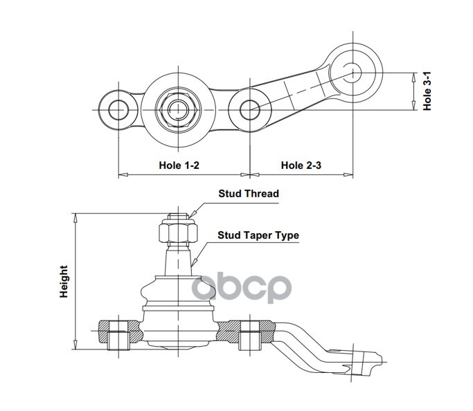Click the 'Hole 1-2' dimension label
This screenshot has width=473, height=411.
[179, 165]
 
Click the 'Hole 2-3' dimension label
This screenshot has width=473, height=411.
[301, 165]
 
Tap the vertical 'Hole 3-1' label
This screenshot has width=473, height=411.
[427, 91]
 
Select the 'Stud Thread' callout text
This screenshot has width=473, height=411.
[249, 194]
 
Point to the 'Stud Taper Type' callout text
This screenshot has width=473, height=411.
[258, 235]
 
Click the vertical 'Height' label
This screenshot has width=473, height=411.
[64, 282]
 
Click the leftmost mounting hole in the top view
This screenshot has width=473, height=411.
[118, 110]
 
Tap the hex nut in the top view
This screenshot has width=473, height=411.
[178, 110]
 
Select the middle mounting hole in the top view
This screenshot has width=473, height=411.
[250, 110]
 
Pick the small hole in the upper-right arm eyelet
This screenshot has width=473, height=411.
[352, 73]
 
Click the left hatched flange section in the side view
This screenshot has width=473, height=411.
[120, 331]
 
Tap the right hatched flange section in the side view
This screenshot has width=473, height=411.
[246, 331]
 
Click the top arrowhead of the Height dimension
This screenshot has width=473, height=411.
[75, 218]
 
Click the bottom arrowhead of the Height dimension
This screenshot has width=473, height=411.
[75, 345]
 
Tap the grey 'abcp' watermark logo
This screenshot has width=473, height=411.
[242, 288]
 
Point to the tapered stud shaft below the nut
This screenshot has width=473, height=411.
[178, 259]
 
